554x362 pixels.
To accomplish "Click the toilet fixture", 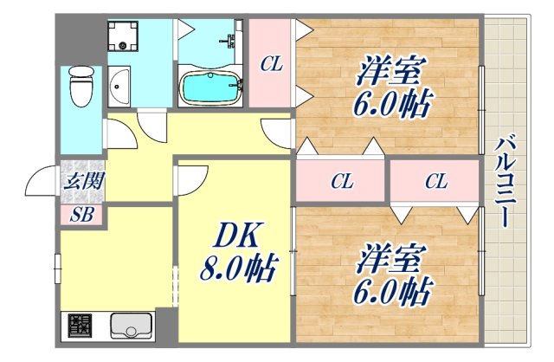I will (81, 89).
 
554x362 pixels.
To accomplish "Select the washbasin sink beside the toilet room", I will (119, 86).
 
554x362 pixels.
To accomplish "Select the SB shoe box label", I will (81, 215).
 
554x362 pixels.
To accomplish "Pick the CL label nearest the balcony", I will (435, 182).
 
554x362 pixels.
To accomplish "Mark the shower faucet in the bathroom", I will (230, 41).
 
